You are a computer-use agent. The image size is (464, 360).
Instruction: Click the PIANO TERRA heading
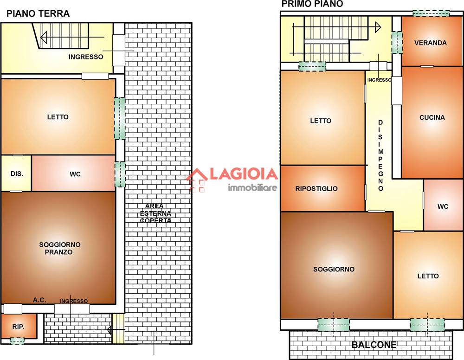tap(38, 13)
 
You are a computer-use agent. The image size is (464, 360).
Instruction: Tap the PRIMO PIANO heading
tap(312, 4)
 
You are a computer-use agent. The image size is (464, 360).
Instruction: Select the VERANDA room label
tap(430, 43)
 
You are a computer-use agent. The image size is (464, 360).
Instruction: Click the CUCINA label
tap(432, 117)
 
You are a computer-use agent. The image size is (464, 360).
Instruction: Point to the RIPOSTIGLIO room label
tap(316, 189)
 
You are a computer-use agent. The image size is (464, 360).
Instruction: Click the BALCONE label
tap(374, 345)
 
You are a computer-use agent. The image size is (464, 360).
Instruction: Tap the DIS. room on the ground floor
tap(17, 174)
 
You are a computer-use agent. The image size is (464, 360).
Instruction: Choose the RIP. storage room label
tap(18, 327)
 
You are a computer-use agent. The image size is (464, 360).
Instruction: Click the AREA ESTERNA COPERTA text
tap(155, 213)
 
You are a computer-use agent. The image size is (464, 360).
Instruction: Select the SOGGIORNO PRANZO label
tap(59, 248)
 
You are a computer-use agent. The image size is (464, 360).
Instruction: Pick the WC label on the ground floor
tap(75, 174)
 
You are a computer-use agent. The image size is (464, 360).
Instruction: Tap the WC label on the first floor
tap(443, 206)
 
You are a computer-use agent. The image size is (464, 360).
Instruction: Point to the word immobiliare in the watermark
tap(252, 187)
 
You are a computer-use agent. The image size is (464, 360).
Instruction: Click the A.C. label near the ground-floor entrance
tap(39, 300)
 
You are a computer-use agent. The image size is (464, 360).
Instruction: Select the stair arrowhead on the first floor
tap(378, 27)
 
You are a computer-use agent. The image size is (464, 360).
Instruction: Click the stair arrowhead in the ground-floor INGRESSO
tap(44, 37)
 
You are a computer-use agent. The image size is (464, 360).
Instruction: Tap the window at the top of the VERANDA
tap(431, 13)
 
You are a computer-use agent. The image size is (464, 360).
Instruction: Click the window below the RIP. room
tap(17, 341)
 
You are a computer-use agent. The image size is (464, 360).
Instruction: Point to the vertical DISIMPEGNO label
tap(380, 155)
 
